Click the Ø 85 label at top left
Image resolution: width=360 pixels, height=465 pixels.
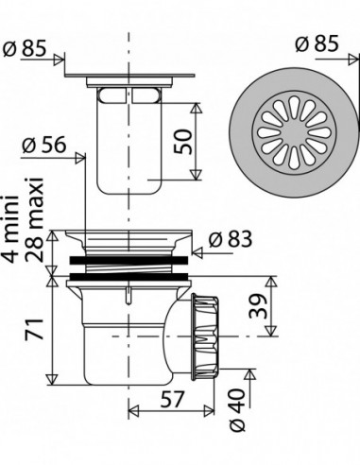point(25,48)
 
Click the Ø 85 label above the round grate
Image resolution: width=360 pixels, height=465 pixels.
point(317,43)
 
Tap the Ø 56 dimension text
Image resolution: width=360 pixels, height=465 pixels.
point(44,145)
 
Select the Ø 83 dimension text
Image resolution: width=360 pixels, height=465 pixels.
point(231,239)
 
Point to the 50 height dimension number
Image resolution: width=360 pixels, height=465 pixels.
point(182,142)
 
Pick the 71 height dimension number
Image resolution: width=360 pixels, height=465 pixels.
point(34,329)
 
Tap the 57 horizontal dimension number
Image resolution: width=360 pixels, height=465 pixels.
point(172,399)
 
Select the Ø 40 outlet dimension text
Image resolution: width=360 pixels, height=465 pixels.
point(237,409)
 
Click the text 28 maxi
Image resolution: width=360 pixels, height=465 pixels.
point(34,219)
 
